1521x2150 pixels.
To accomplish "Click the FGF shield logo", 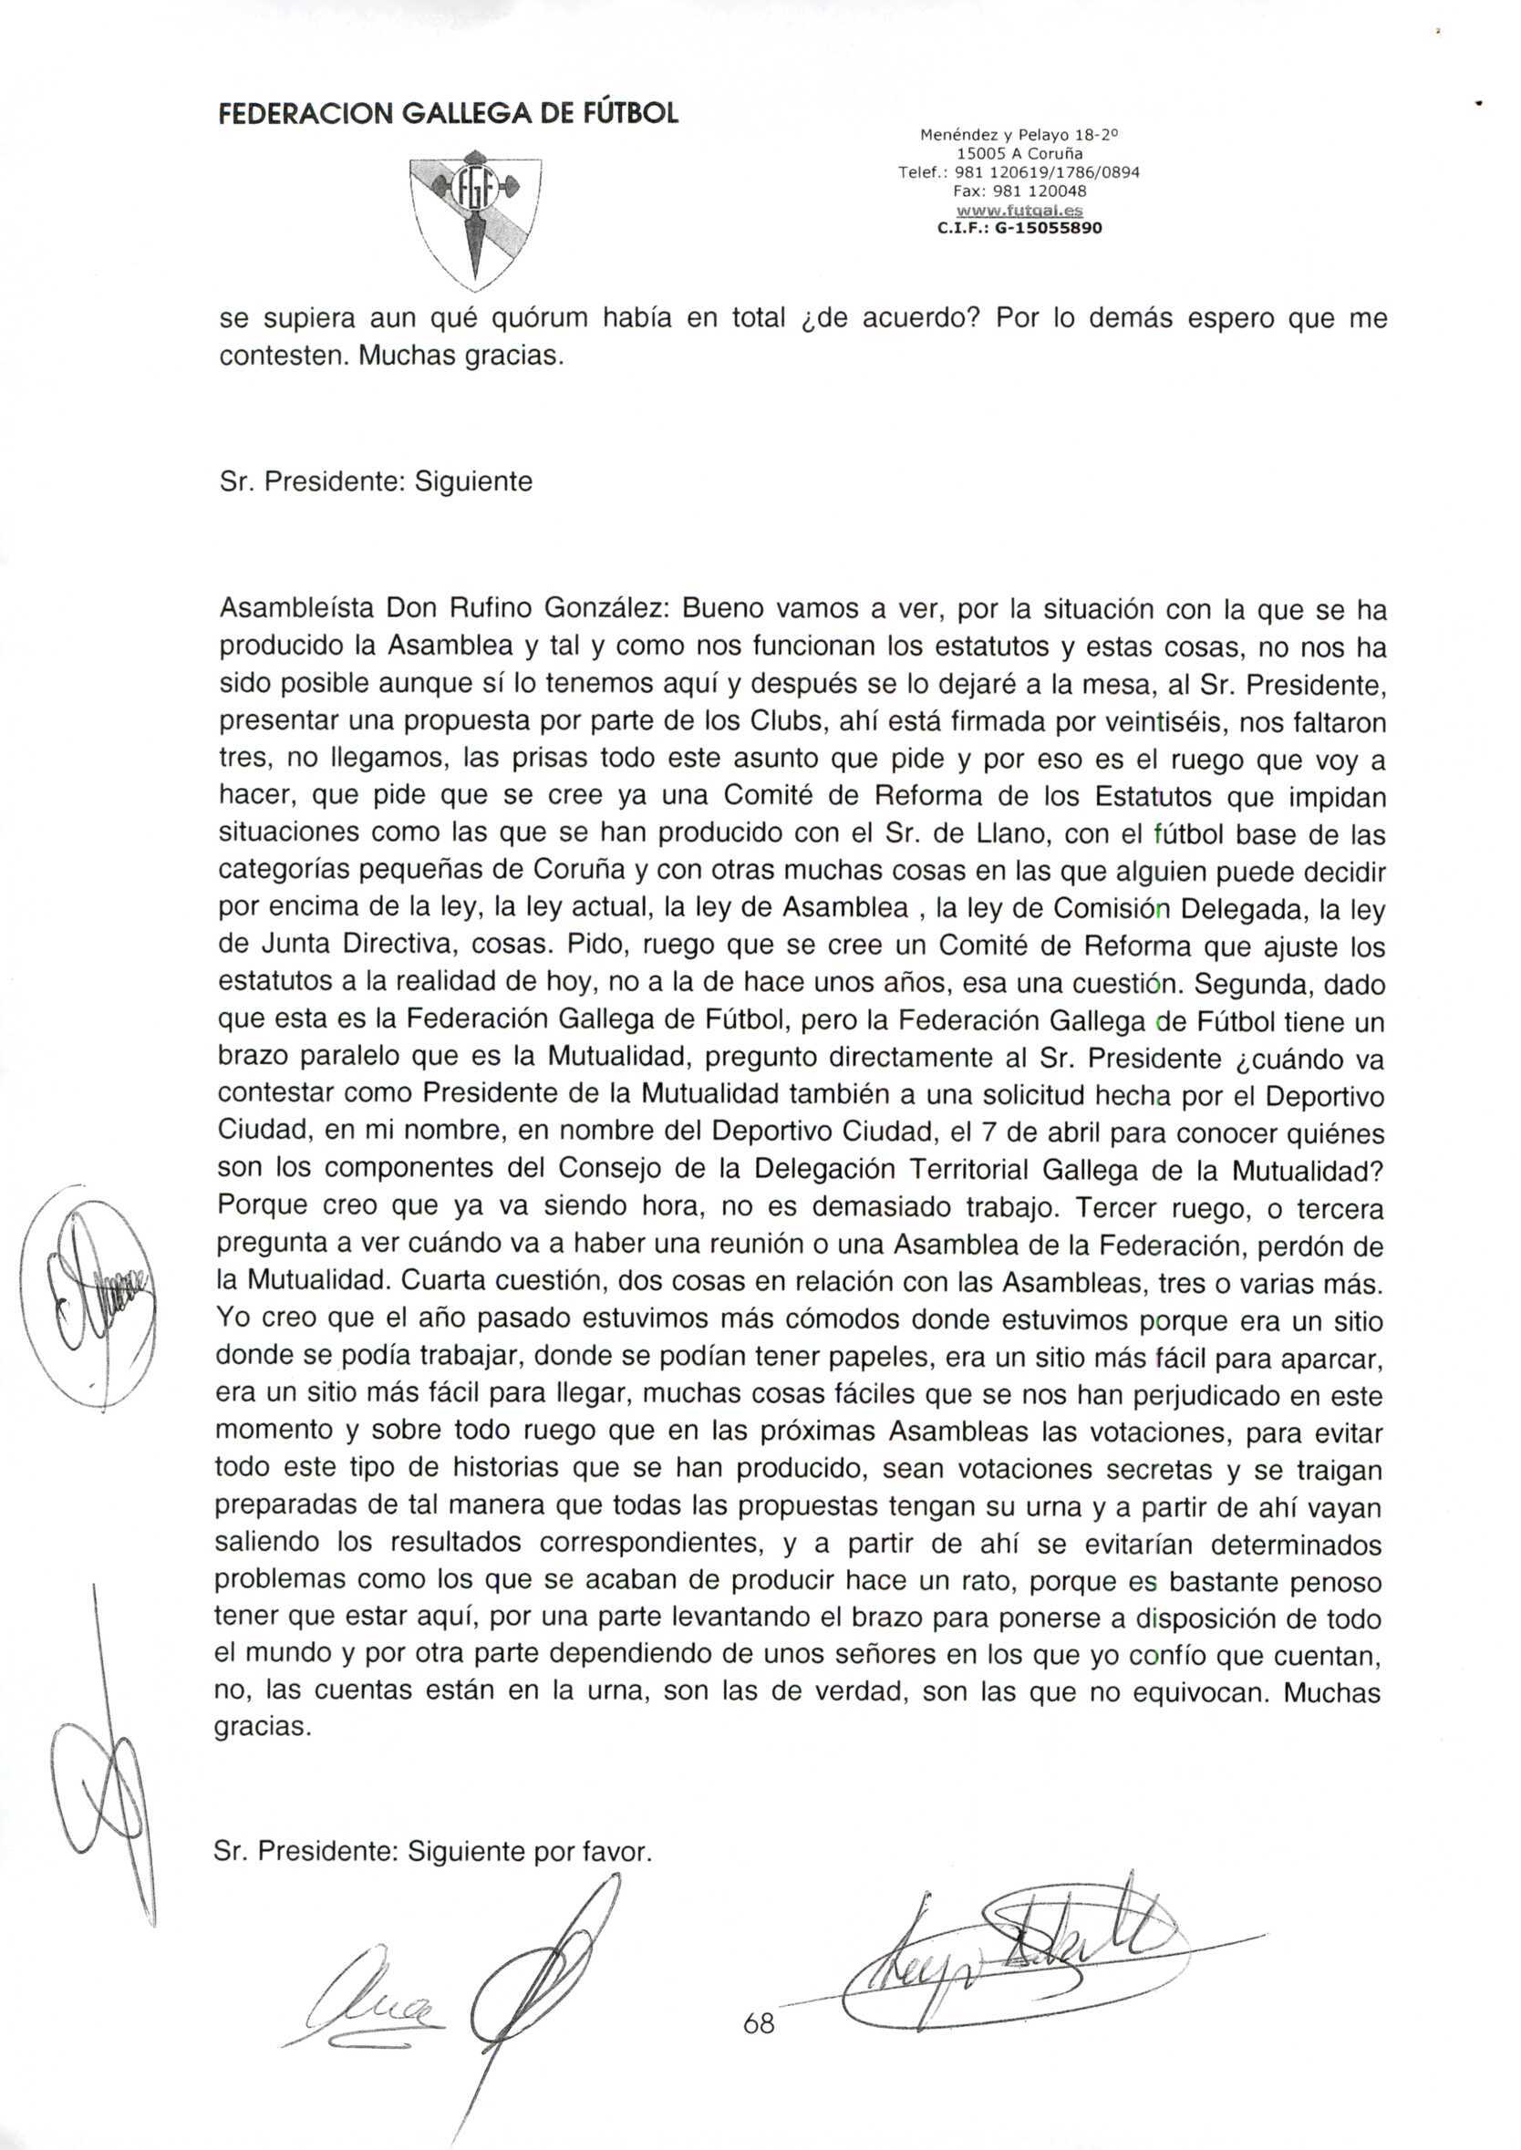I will [x=476, y=219].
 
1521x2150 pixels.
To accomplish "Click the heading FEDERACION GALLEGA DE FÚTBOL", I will [x=449, y=113].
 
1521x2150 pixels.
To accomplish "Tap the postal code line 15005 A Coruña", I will [x=1019, y=152].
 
